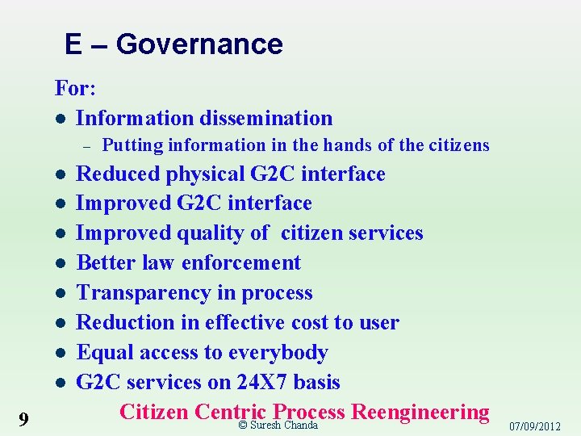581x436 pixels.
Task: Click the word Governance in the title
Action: (x=199, y=44)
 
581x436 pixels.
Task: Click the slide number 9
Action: (x=23, y=418)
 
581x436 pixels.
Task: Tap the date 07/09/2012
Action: (x=536, y=426)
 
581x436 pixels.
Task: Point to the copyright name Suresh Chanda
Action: (x=284, y=426)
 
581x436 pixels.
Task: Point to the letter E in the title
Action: (x=73, y=44)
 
